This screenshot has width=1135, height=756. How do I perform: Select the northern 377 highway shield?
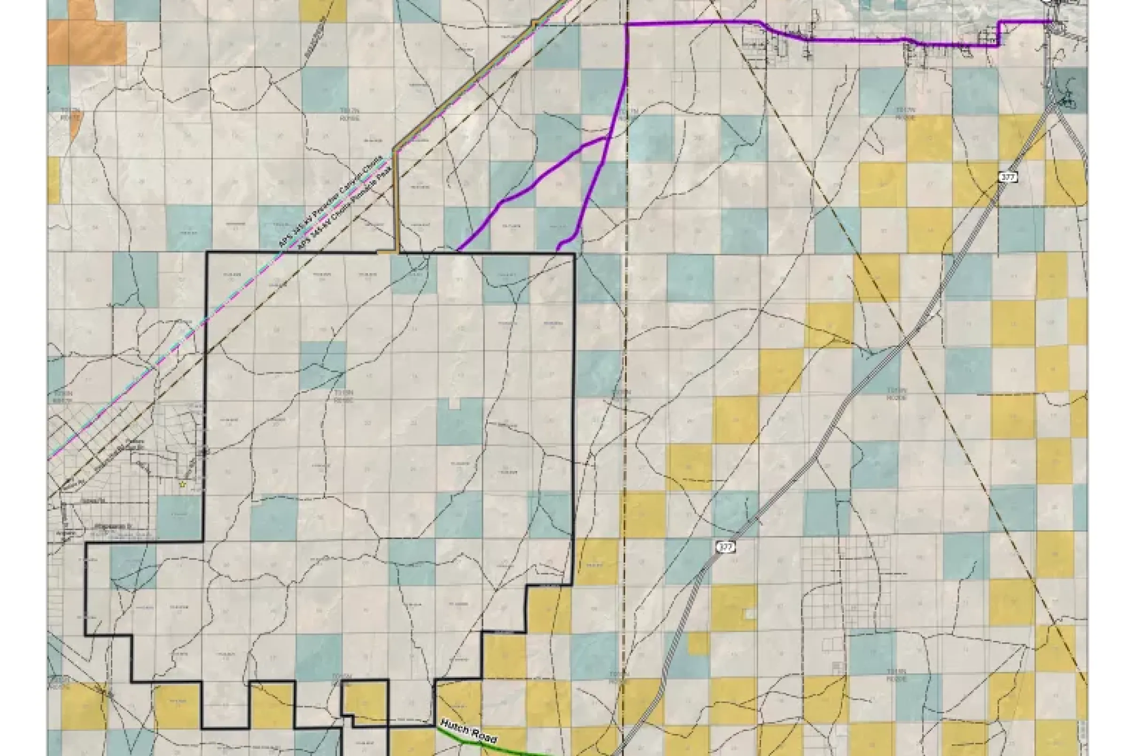click(1007, 177)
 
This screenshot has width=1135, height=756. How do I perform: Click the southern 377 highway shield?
click(725, 547)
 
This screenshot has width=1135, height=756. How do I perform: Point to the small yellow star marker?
click(182, 484)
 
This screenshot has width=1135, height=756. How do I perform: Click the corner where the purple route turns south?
click(627, 23)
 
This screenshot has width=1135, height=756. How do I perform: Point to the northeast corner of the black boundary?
click(575, 253)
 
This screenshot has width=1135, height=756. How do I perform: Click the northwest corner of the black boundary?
click(207, 252)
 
